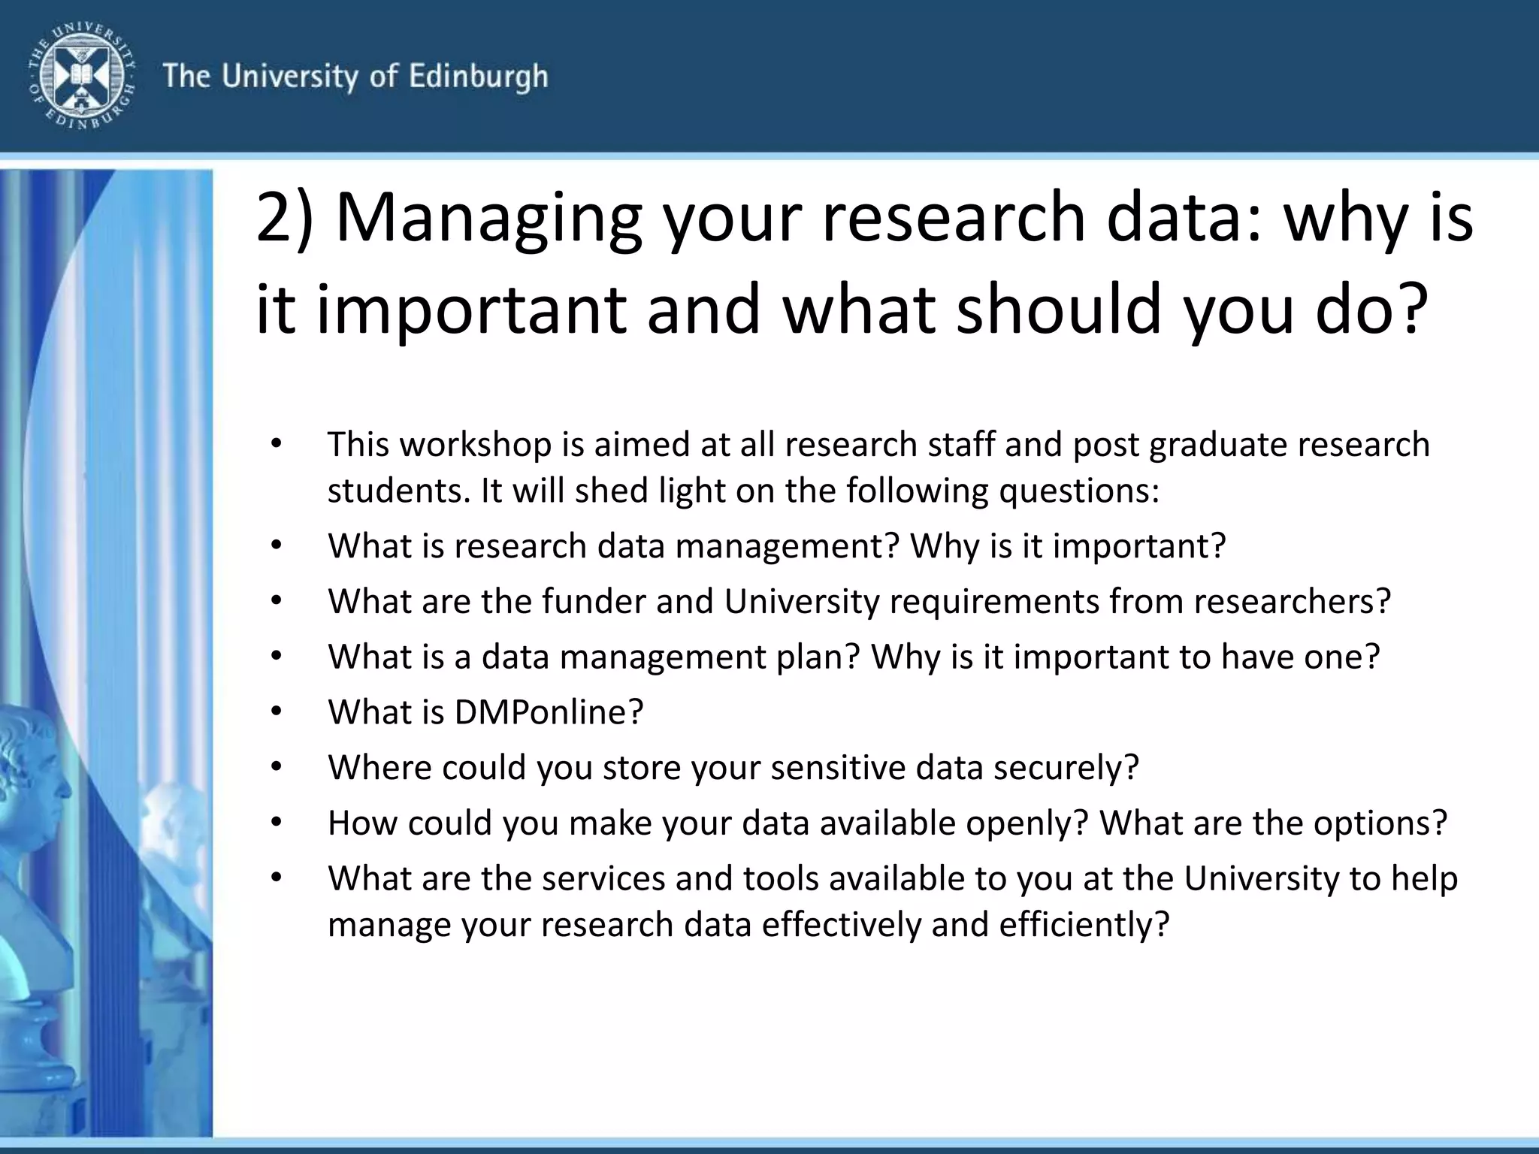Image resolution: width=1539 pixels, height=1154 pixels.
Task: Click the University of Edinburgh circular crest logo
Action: (x=82, y=75)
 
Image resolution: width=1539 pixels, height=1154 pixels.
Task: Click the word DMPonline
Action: (x=549, y=712)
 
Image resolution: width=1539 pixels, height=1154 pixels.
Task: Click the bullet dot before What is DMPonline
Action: (x=277, y=711)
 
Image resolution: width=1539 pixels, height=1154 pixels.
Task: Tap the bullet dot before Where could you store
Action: (x=277, y=766)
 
